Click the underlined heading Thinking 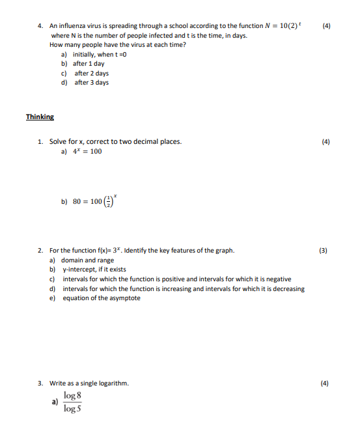pyautogui.click(x=40, y=117)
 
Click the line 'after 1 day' pyautogui.click(x=89, y=64)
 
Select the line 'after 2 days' pyautogui.click(x=91, y=74)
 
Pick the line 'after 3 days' pyautogui.click(x=91, y=83)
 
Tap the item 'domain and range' pyautogui.click(x=88, y=260)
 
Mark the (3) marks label pyautogui.click(x=324, y=250)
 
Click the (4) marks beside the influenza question pyautogui.click(x=326, y=26)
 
